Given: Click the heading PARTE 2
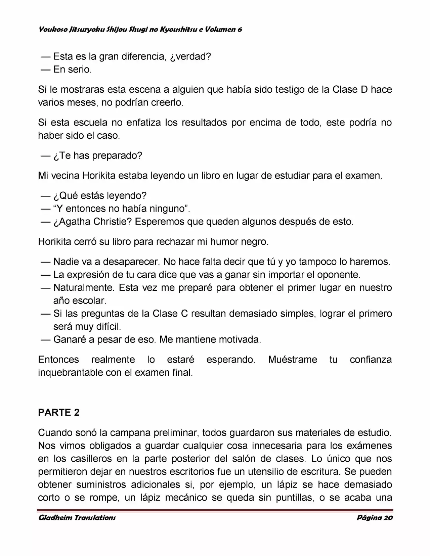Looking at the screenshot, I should [59, 413].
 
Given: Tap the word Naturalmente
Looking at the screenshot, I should [83, 288].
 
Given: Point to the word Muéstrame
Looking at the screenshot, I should [292, 360].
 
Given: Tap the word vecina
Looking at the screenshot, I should [65, 176].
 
